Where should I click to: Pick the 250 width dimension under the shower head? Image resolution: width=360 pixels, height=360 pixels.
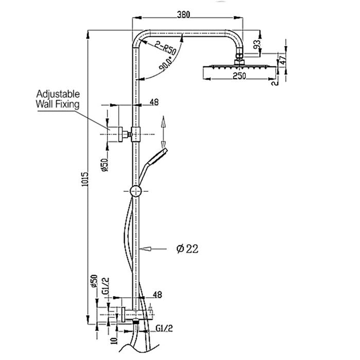(x=238, y=76)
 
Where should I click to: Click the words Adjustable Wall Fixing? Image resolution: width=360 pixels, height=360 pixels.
(x=58, y=99)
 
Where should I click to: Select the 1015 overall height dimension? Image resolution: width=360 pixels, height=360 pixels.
(x=86, y=181)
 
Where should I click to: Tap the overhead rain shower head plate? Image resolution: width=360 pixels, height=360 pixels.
(x=238, y=66)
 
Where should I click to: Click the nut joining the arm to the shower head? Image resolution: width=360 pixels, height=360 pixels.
(x=238, y=58)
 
